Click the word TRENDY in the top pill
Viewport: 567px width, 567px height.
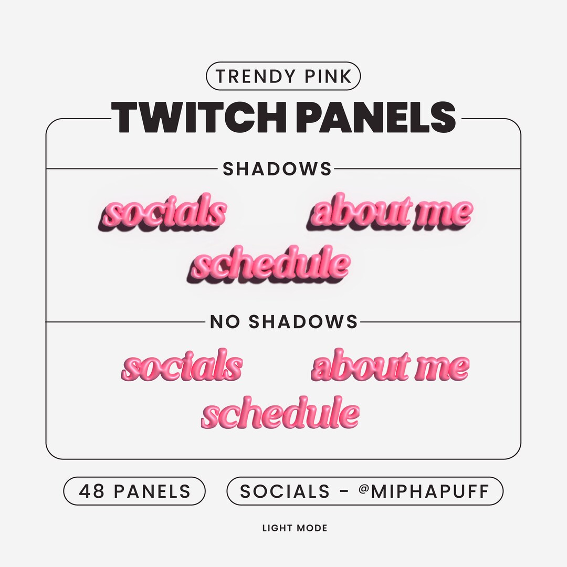point(254,77)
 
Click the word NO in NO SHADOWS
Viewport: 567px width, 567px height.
point(225,322)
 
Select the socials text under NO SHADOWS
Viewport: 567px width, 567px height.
point(182,366)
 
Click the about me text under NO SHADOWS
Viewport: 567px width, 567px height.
point(390,366)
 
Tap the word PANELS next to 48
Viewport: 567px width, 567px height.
point(152,491)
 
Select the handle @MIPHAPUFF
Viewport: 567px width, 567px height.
point(424,491)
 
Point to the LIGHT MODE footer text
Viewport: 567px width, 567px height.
point(295,528)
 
